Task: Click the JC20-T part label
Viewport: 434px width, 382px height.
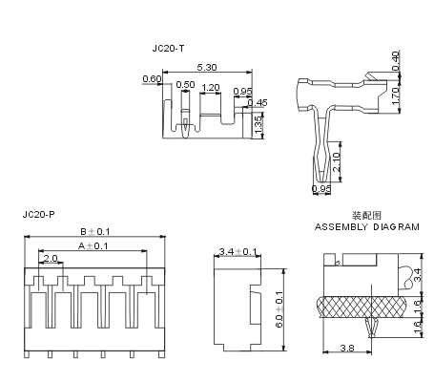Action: (168, 49)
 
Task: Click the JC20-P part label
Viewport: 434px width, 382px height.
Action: (38, 214)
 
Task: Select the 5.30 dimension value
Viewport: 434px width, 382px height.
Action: (207, 67)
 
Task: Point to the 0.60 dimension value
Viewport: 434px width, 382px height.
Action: (152, 78)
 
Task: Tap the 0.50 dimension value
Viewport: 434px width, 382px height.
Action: (185, 84)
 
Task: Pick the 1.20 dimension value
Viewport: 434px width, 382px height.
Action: (211, 87)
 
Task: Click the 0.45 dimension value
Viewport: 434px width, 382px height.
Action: (258, 102)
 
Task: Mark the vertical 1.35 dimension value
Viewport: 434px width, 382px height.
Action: (258, 125)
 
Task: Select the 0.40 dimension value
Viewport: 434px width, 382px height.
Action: (395, 61)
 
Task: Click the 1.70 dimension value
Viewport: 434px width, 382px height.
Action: (395, 95)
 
